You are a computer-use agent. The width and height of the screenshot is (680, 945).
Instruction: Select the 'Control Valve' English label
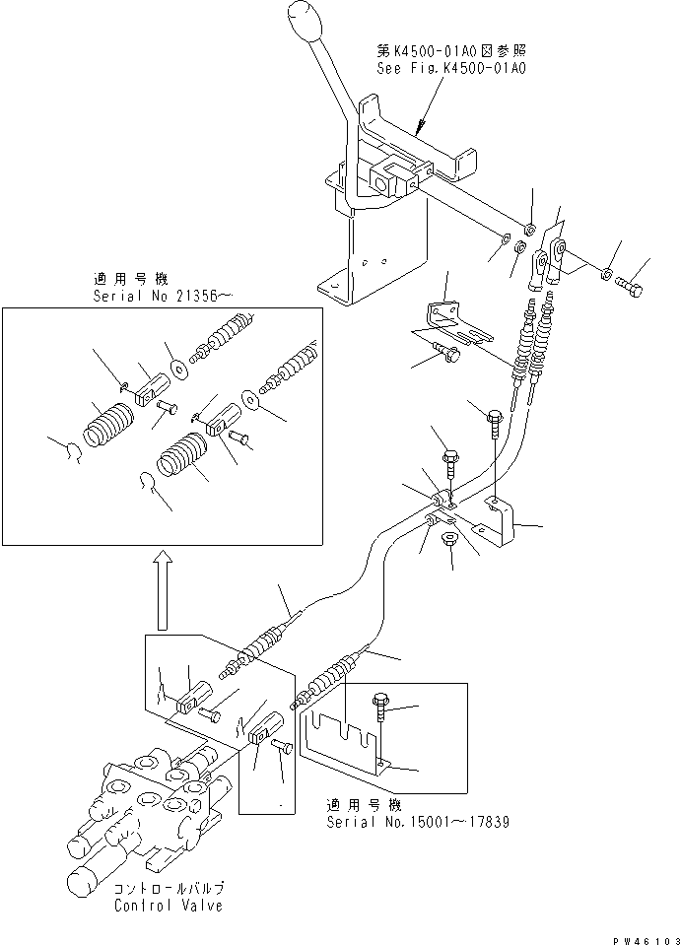coord(169,906)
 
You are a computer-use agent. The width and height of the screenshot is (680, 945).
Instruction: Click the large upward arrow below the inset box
coord(163,590)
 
